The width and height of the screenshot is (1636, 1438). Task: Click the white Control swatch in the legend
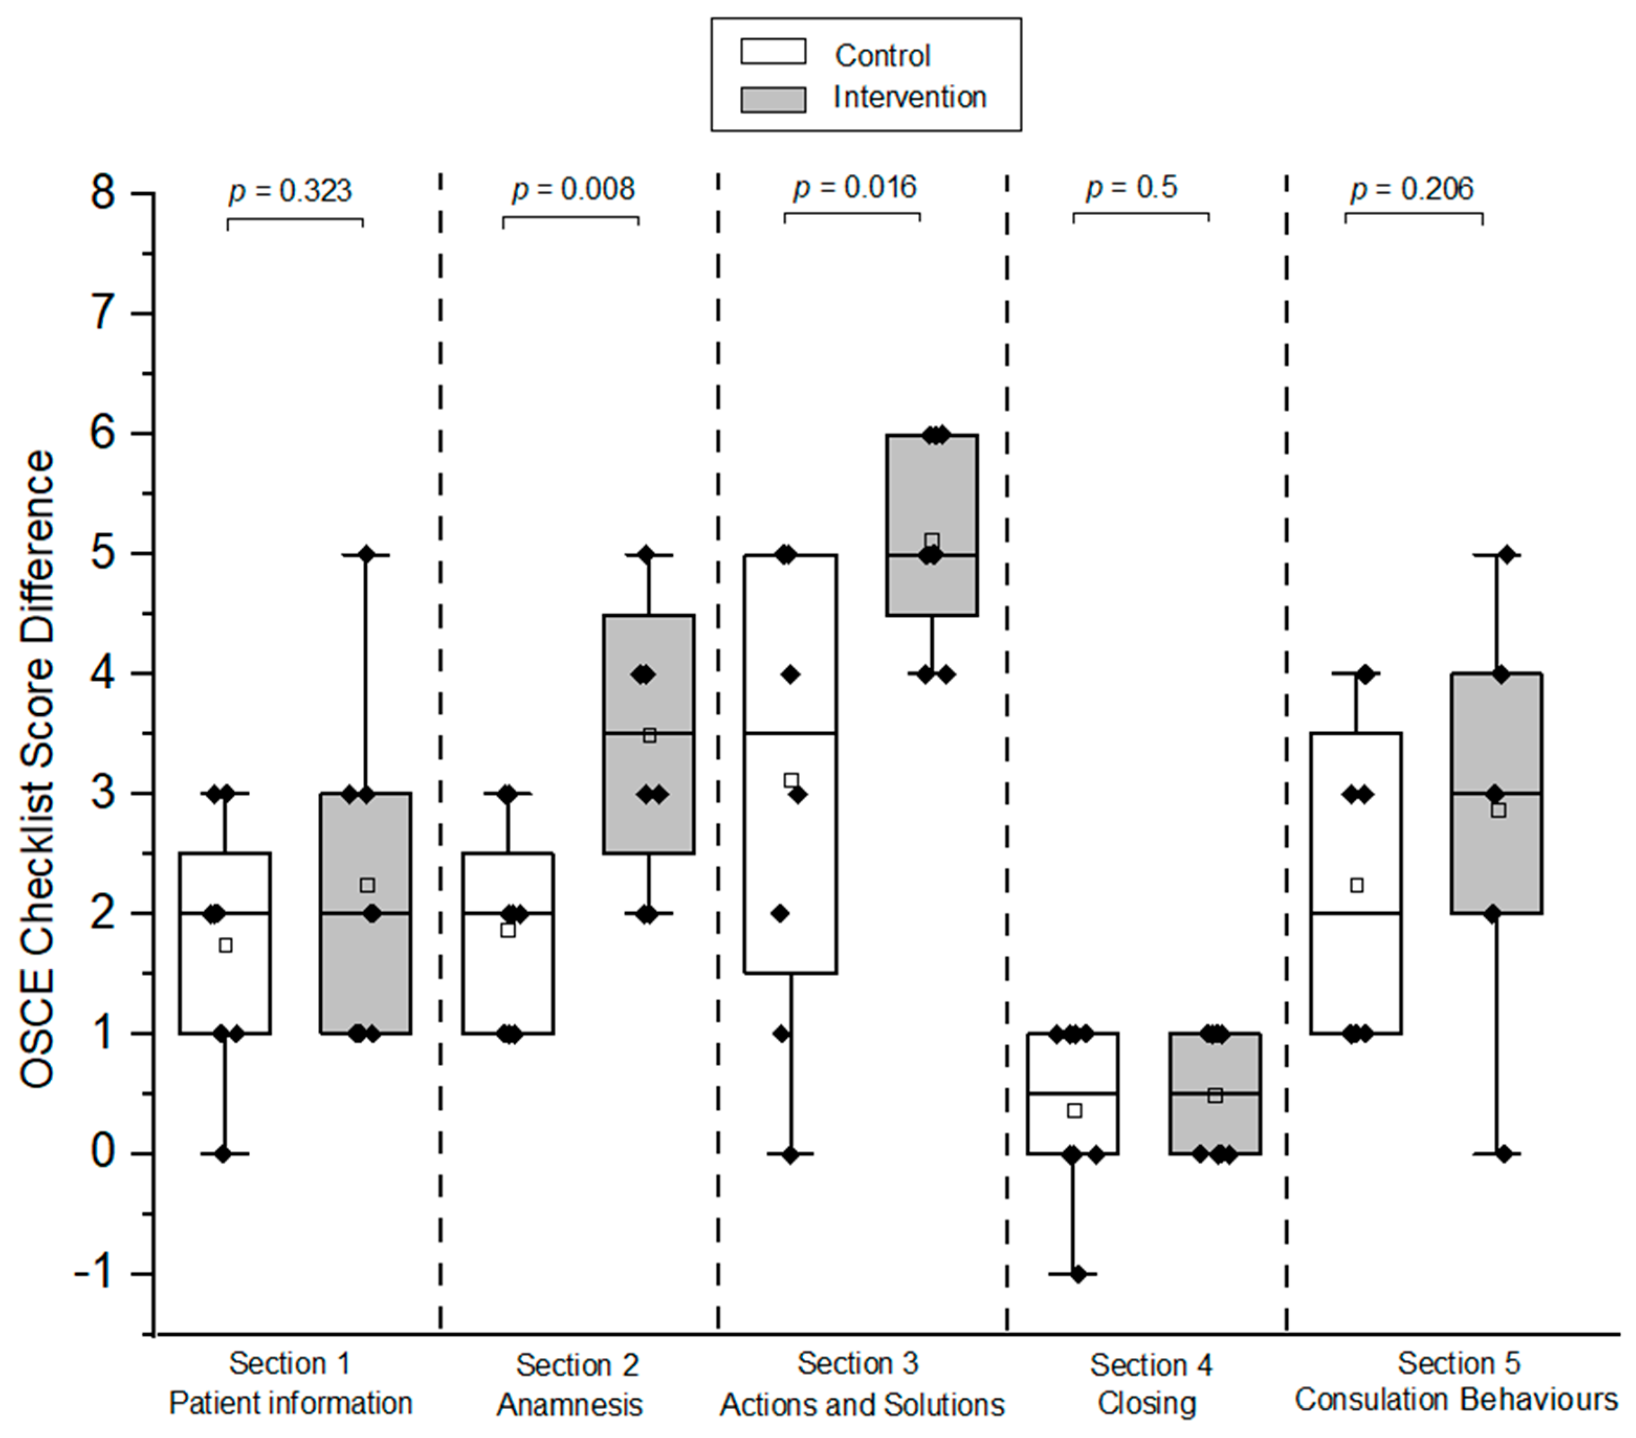click(772, 51)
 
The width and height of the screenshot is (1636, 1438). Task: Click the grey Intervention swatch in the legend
click(772, 99)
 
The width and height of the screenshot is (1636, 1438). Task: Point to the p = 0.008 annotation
click(573, 190)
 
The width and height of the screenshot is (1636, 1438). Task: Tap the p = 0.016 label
click(854, 188)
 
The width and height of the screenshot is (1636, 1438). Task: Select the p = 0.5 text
click(1132, 188)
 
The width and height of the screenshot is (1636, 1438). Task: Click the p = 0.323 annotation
click(290, 191)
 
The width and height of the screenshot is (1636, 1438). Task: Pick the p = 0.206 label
click(1412, 190)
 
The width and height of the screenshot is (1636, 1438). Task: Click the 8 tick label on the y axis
click(103, 194)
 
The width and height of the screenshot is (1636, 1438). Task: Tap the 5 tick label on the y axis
click(103, 554)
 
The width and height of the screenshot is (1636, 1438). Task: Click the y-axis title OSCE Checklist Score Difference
click(37, 768)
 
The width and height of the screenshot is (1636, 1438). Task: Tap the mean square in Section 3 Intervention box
click(932, 541)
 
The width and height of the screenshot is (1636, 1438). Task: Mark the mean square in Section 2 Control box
click(507, 930)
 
